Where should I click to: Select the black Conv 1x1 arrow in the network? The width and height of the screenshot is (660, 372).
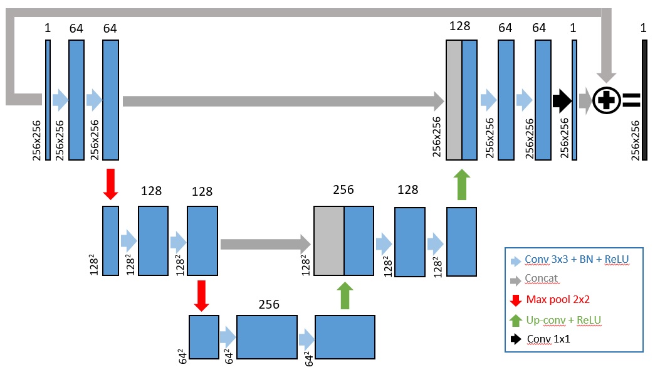[x=562, y=99]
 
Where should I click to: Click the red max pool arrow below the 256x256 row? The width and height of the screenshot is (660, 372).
[x=110, y=184]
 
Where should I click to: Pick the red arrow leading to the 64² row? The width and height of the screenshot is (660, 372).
[x=201, y=295]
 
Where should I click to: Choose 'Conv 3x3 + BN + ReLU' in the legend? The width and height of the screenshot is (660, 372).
[x=577, y=258]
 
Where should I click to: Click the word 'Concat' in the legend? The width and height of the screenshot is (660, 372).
[x=542, y=278]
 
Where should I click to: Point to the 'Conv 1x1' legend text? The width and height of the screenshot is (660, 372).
[x=548, y=339]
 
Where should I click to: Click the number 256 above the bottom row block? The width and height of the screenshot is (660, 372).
[x=269, y=305]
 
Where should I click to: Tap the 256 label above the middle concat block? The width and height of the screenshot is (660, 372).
[x=343, y=189]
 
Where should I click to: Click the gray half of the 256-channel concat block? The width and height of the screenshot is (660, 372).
[x=328, y=241]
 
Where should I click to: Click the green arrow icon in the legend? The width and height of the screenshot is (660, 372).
[x=516, y=319]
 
